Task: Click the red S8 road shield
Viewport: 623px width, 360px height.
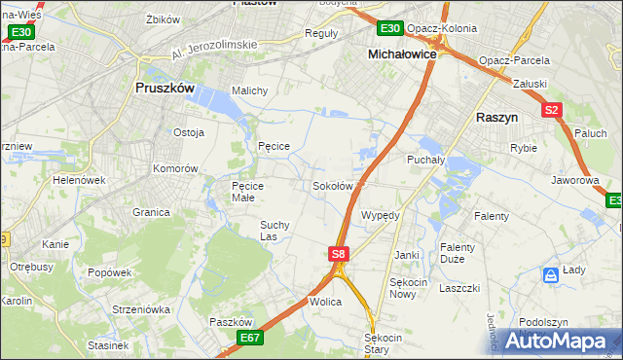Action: click(337, 254)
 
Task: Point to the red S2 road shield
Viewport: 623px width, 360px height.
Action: click(552, 110)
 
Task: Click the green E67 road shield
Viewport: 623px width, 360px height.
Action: click(249, 338)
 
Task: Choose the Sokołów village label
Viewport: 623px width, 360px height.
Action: click(332, 186)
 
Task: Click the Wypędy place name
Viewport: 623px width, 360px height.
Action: click(380, 215)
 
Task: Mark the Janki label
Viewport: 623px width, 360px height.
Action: click(407, 255)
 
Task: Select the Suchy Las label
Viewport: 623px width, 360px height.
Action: click(274, 230)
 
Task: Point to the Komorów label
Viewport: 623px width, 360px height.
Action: click(175, 168)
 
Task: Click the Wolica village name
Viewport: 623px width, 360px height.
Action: click(326, 303)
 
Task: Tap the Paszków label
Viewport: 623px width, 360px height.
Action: click(231, 322)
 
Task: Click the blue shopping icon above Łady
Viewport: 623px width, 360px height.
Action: click(551, 275)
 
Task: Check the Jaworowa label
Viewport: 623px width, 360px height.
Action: click(573, 180)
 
